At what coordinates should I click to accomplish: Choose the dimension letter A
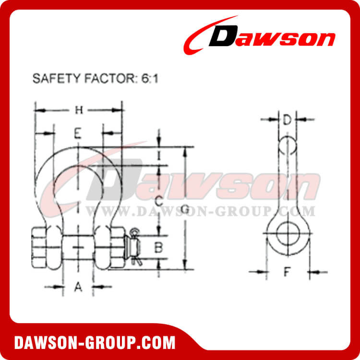point(78,287)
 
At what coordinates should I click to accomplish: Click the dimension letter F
point(287,272)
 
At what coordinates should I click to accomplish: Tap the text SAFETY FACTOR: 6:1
point(95,79)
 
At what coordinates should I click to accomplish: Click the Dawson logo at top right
point(259,37)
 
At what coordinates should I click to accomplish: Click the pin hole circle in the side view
point(287,233)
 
